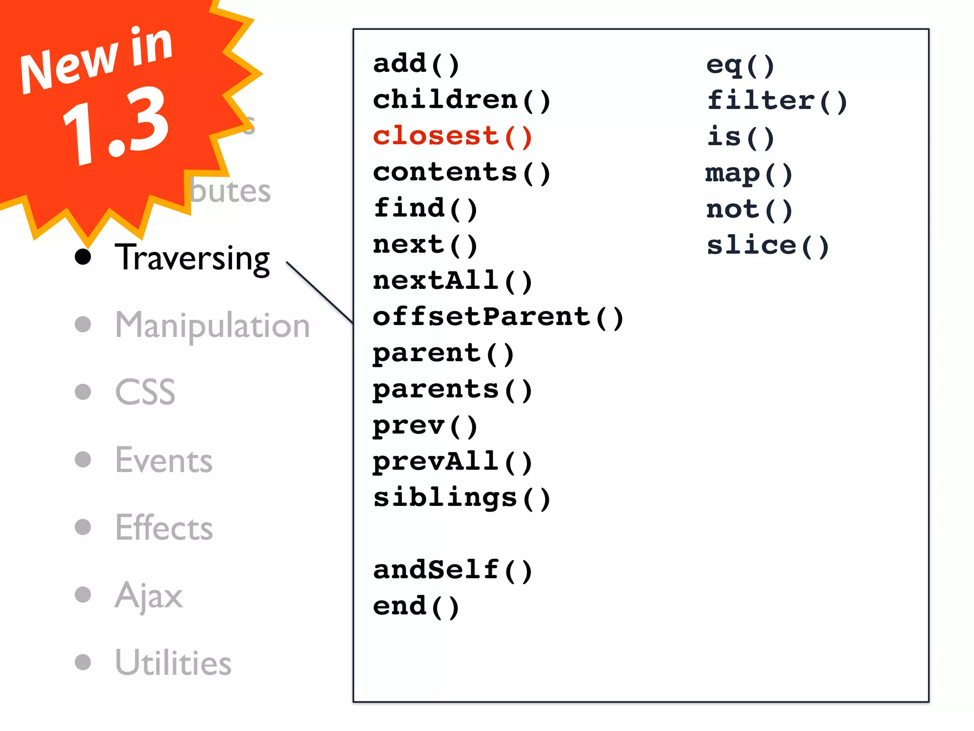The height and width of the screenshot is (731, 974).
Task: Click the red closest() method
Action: pos(452,137)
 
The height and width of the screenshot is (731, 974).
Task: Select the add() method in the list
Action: pos(416,64)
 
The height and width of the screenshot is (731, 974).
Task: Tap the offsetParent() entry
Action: pos(497,317)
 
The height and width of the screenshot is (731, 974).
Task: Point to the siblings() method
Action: pos(461,498)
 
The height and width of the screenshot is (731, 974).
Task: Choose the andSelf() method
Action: pos(452,570)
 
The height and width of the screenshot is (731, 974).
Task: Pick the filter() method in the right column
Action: pos(777,101)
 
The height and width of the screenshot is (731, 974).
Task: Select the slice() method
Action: pos(768,246)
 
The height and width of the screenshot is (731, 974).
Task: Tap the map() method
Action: pos(749,174)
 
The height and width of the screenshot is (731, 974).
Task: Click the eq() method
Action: pos(740,65)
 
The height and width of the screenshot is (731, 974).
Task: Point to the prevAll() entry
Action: pos(452,462)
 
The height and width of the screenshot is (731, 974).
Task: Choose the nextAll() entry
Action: pos(452,281)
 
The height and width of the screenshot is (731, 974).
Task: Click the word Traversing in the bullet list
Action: pos(193,258)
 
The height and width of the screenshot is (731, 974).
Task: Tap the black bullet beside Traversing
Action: pos(83,257)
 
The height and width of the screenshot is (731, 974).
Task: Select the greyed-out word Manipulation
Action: pos(213,326)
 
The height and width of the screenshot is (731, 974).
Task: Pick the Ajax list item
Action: pos(148,595)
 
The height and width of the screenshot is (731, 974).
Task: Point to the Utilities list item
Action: pos(173,662)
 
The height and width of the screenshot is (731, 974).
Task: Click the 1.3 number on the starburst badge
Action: pos(117,126)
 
